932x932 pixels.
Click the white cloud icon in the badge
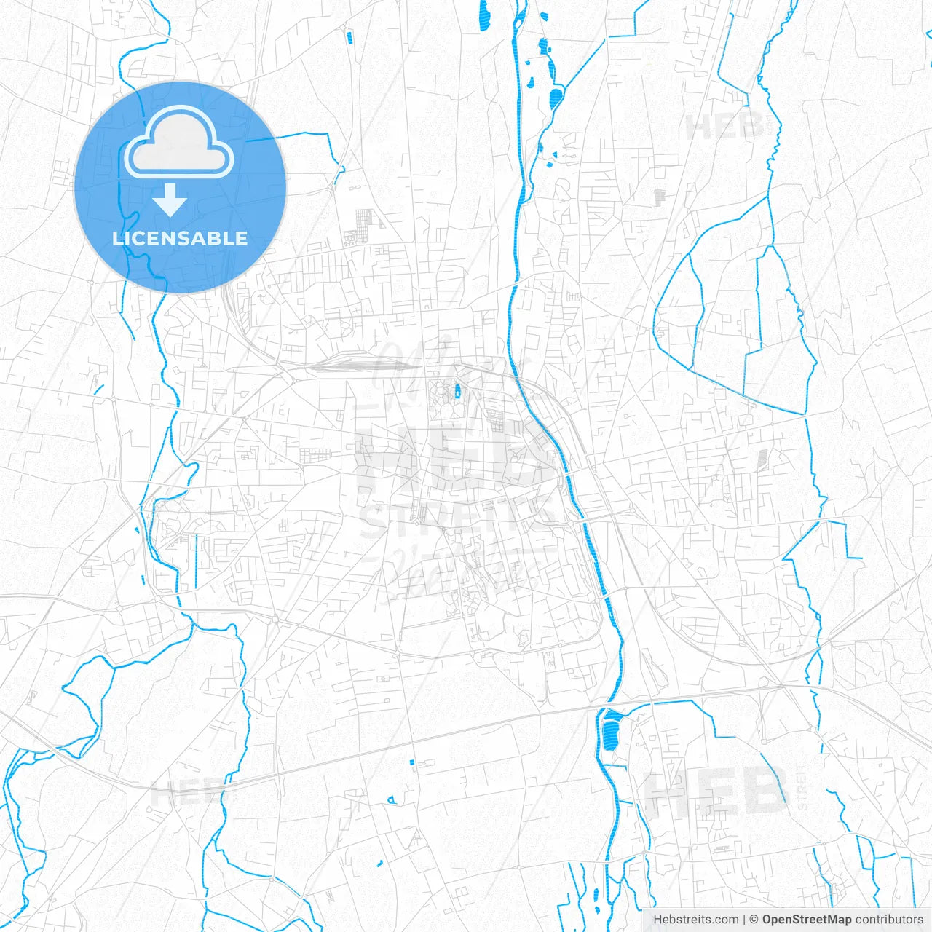point(179,142)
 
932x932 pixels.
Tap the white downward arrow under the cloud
point(170,200)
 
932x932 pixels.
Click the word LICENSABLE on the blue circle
point(180,238)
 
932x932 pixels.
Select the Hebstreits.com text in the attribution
point(695,920)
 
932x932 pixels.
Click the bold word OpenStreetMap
point(807,920)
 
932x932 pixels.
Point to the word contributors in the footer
point(889,920)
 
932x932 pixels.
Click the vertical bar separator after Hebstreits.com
point(744,920)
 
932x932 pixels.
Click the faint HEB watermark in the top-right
point(724,127)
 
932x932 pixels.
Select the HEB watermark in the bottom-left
point(189,793)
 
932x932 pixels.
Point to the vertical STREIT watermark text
point(802,786)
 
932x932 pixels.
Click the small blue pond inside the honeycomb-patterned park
point(457,392)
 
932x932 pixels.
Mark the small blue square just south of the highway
point(411,762)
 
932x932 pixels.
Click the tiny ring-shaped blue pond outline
point(391,799)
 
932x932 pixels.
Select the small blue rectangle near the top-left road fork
point(349,36)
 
